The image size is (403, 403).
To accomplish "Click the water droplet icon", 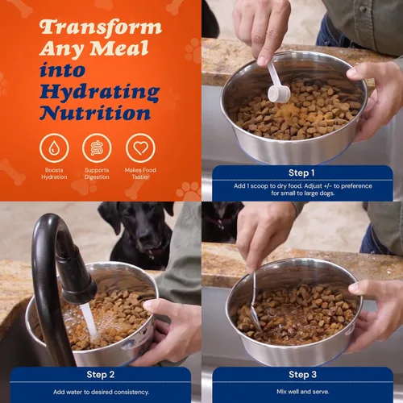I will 54,147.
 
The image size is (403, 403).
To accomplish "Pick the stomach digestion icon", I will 98,147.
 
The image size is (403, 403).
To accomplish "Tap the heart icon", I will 141,147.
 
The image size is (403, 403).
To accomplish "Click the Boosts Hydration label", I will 54,174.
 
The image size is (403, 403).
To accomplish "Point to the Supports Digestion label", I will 98,174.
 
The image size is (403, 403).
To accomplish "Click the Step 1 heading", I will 302,172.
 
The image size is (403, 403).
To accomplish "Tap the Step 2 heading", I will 101,374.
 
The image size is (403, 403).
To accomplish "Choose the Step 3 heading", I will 302,374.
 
